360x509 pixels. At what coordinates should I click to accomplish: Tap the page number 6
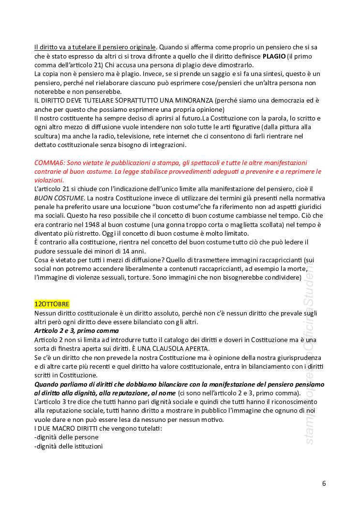[x=324, y=483]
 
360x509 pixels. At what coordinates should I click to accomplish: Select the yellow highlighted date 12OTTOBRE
[x=52, y=304]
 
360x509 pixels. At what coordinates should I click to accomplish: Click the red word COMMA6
[x=48, y=163]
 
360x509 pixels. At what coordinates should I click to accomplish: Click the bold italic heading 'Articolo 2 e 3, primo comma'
[x=76, y=331]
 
